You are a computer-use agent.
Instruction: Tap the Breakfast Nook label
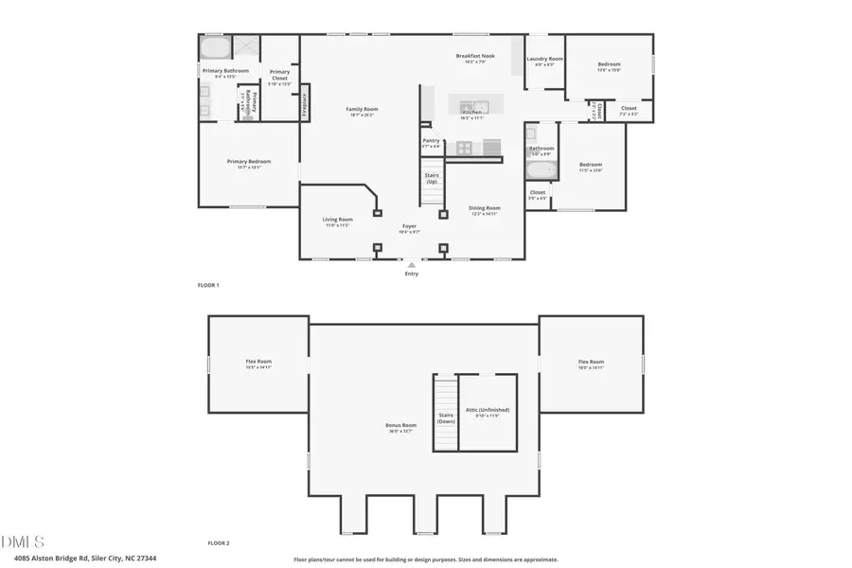[475, 57]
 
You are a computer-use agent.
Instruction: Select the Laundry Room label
[544, 59]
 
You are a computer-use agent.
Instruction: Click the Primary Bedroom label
[248, 162]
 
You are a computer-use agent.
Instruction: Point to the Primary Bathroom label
[225, 71]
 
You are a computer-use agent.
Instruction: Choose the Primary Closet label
[279, 74]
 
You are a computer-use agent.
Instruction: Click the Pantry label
[431, 141]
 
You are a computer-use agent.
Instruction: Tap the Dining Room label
[485, 208]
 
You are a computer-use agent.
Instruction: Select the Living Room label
[338, 220]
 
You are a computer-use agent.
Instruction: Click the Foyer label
[409, 226]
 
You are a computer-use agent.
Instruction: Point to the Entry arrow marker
[411, 265]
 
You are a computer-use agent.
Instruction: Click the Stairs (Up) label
[432, 177]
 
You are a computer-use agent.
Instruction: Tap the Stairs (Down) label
[446, 417]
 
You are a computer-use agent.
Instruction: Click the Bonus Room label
[400, 425]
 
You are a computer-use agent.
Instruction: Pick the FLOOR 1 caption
[207, 285]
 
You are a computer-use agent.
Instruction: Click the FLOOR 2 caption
[219, 543]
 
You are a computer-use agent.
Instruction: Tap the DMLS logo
[24, 541]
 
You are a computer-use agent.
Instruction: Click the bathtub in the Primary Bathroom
[215, 48]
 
